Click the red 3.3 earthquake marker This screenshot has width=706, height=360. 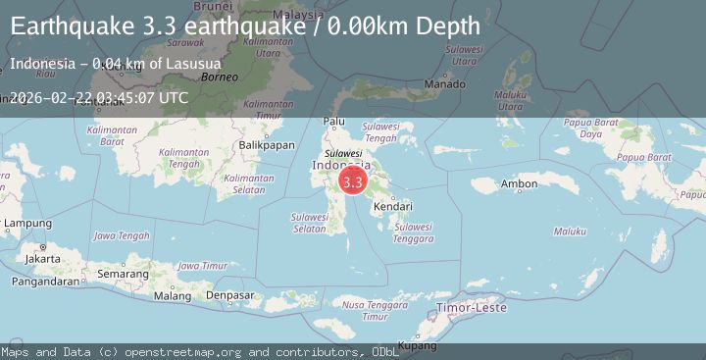[x=353, y=181]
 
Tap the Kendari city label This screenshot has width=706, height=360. [x=391, y=208]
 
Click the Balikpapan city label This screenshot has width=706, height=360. [x=267, y=145]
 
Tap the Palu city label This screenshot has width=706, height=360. [x=334, y=122]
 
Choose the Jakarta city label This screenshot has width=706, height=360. [x=43, y=258]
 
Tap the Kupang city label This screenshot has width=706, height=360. [x=418, y=345]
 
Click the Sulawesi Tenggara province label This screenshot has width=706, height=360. [x=412, y=232]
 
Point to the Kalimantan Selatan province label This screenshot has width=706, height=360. [x=248, y=183]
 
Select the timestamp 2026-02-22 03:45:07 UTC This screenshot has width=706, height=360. [x=99, y=97]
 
